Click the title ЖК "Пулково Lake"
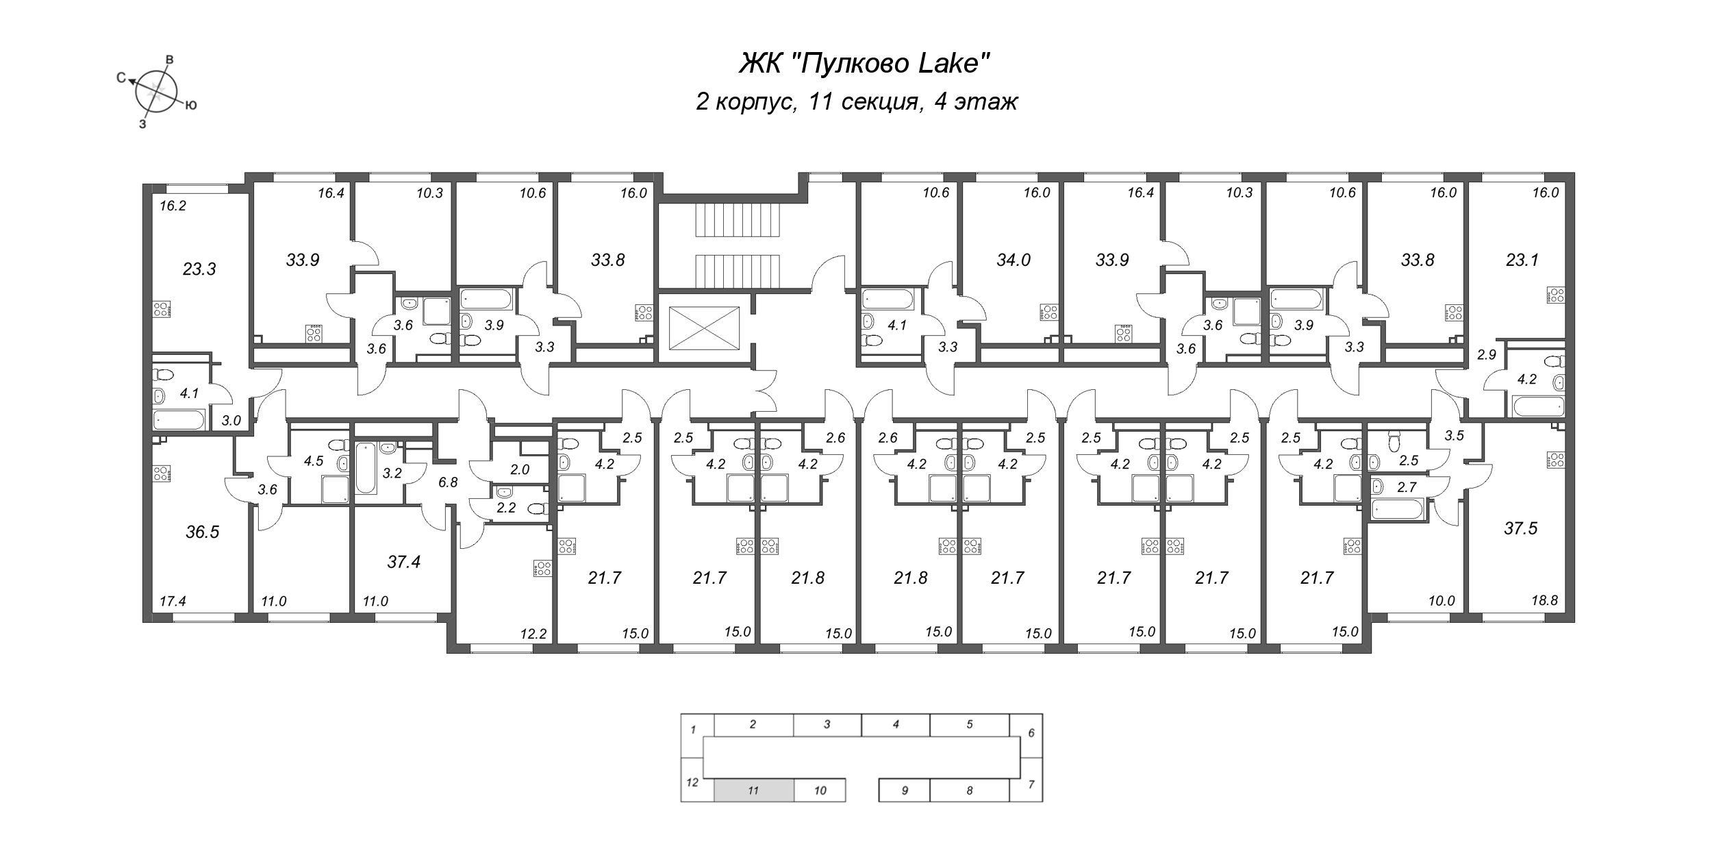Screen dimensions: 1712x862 (x=865, y=64)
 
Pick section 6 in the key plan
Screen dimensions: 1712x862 (x=1031, y=733)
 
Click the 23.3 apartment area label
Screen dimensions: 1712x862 (x=199, y=269)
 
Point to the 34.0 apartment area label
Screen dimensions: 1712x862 (x=1014, y=260)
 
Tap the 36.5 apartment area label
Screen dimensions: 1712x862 (x=203, y=532)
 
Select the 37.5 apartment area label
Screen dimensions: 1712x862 (x=1520, y=528)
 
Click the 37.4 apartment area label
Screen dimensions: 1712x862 (x=403, y=562)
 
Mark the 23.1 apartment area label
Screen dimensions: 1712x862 (x=1522, y=260)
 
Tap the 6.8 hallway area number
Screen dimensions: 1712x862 (x=448, y=482)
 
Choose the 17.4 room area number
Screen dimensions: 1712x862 (x=173, y=601)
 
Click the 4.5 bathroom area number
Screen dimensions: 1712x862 (x=314, y=460)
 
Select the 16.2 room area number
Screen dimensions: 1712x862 (x=173, y=205)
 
